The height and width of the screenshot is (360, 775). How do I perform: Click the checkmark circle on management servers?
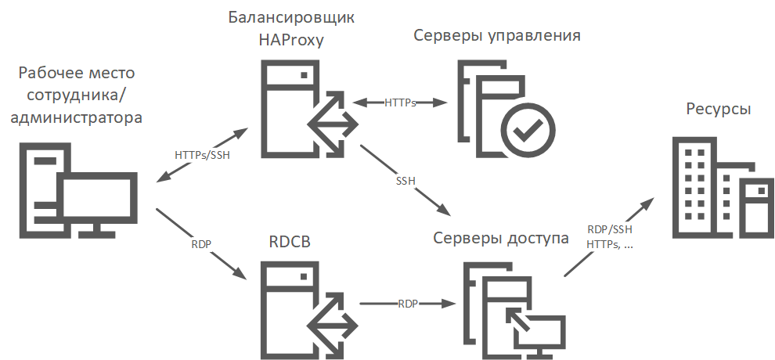[x=528, y=124]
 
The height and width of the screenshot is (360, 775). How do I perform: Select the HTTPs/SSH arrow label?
[x=202, y=154]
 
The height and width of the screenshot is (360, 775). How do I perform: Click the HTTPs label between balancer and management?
[x=400, y=103]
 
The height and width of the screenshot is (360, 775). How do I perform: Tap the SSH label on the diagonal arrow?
[x=406, y=181]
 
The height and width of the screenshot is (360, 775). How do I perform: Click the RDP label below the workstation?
[x=202, y=244]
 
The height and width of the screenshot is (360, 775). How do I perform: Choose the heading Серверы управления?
[x=496, y=35]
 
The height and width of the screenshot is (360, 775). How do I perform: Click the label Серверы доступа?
[x=501, y=239]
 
